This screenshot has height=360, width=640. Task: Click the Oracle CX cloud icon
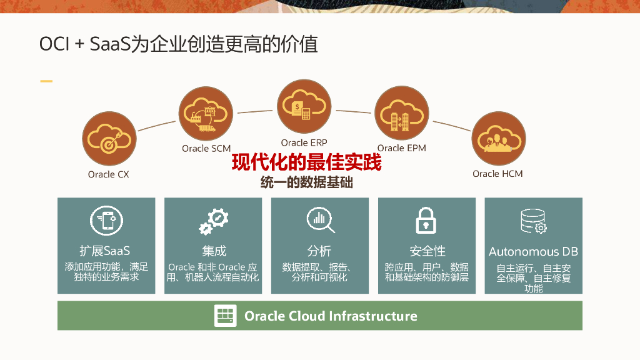(109, 139)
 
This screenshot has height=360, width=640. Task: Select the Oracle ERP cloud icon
(304, 107)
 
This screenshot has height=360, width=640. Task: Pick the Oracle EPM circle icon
(401, 114)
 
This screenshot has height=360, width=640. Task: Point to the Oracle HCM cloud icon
(498, 139)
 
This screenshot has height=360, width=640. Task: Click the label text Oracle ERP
(304, 143)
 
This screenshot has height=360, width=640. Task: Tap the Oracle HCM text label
(497, 174)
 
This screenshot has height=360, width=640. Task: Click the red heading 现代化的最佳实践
(306, 163)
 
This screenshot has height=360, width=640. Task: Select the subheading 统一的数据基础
(306, 183)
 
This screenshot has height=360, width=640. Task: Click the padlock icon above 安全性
(427, 221)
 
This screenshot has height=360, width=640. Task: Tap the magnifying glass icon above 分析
(320, 220)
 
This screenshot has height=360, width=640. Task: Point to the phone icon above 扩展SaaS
(106, 221)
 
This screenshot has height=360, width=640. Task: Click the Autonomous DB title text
(533, 252)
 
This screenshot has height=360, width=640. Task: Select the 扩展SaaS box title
(105, 251)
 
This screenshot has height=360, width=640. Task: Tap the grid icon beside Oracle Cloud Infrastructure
(226, 316)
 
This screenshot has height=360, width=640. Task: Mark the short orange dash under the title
(46, 81)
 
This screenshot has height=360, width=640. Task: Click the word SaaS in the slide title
(110, 44)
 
